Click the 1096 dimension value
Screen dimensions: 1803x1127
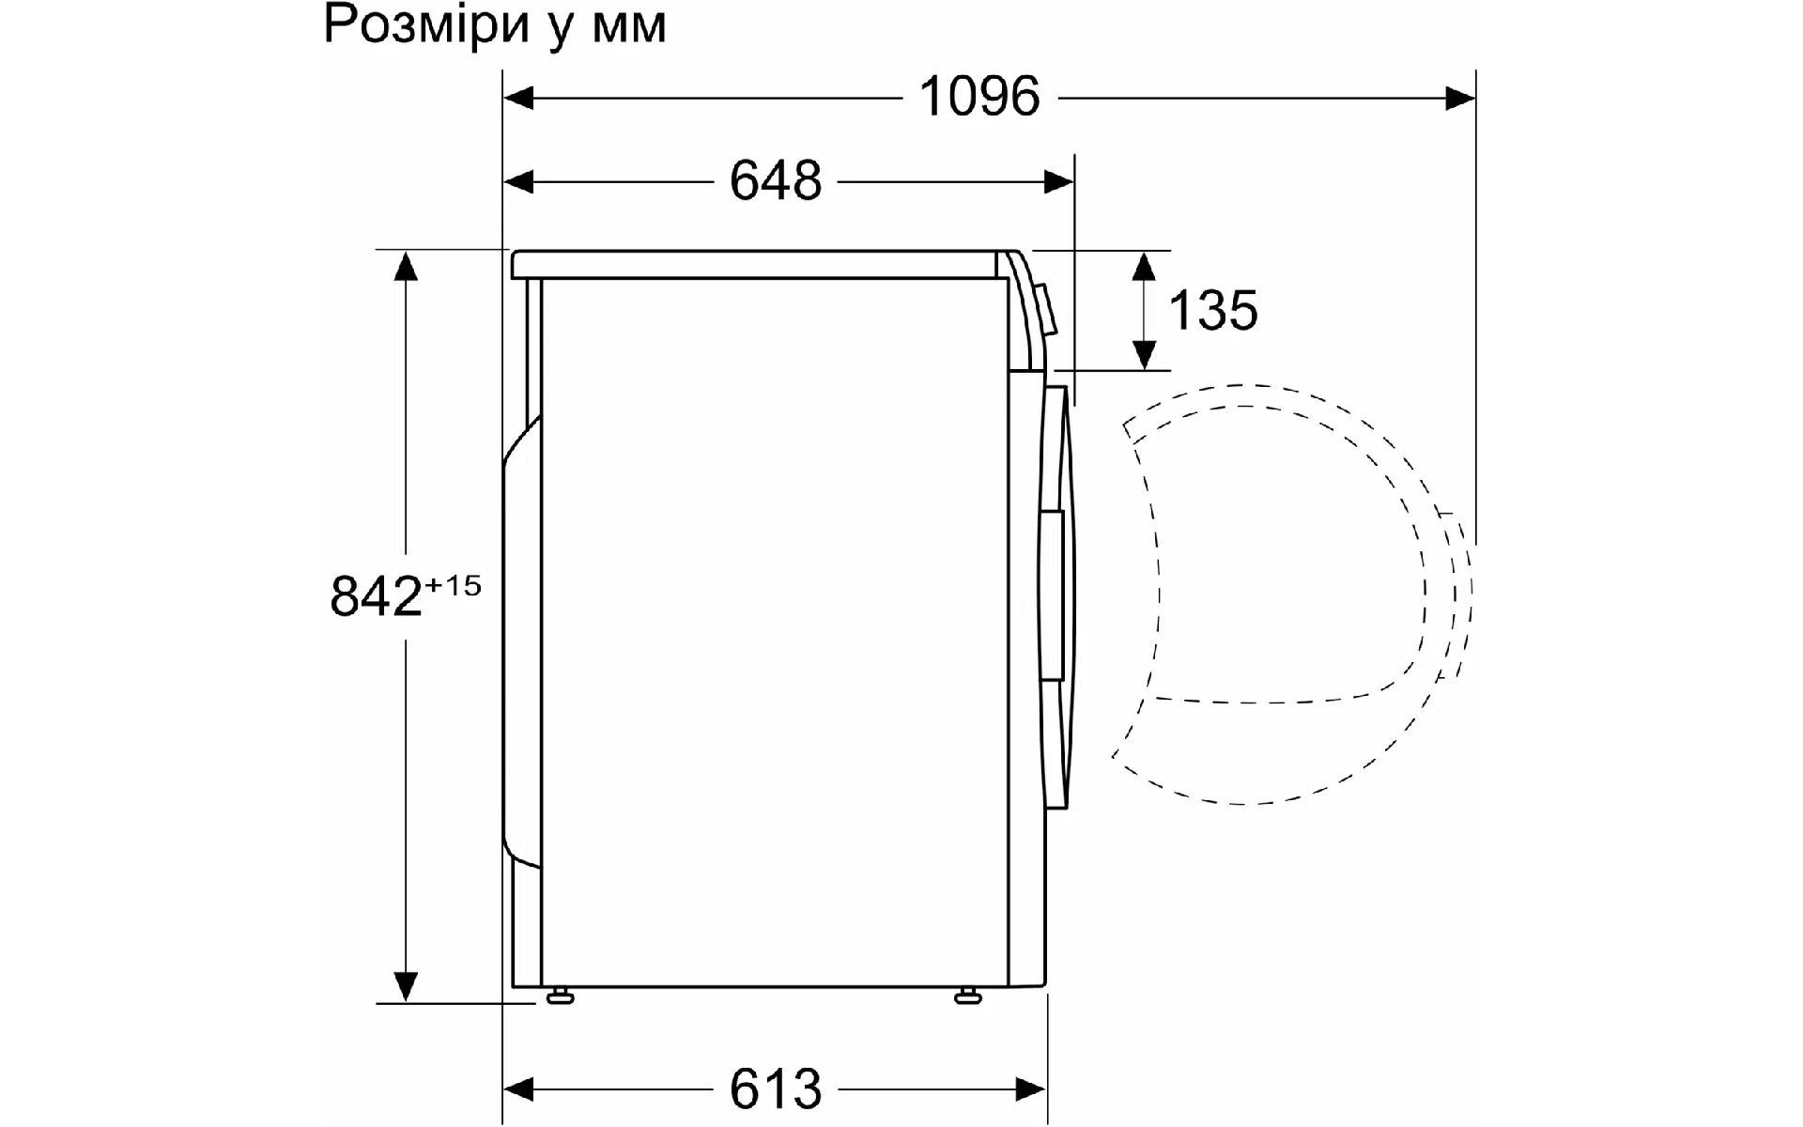click(x=979, y=97)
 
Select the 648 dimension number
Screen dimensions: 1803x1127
click(x=776, y=180)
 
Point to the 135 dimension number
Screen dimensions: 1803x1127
click(x=1213, y=310)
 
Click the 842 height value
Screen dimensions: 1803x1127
click(x=377, y=595)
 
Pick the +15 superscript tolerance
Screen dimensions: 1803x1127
click(x=454, y=585)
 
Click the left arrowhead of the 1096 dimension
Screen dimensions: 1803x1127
click(x=519, y=97)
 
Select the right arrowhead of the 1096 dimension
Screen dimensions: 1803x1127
click(x=1460, y=97)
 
